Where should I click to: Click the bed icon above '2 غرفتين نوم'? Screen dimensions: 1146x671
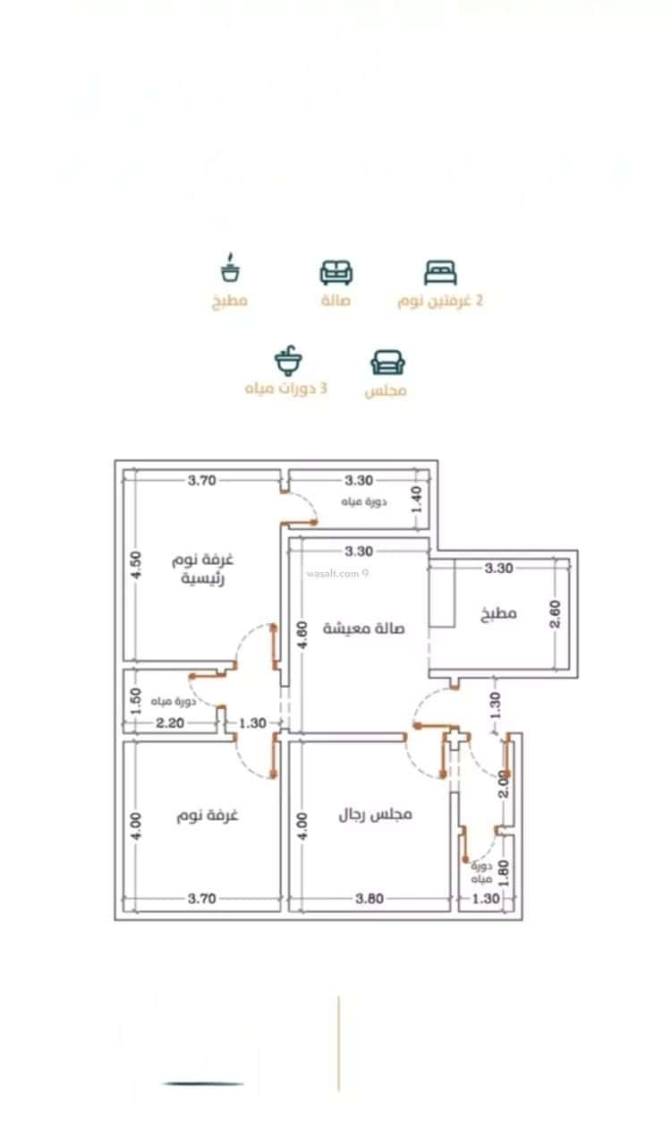tap(440, 271)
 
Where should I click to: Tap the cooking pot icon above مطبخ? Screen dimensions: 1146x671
tap(231, 268)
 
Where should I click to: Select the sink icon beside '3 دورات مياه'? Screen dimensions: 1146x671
tap(288, 362)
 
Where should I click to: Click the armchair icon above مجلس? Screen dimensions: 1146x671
tap(387, 362)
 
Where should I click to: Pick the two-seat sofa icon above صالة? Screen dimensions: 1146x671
tap(336, 271)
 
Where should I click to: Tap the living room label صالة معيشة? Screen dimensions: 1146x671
tap(363, 628)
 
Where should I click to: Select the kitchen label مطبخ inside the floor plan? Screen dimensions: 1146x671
tap(499, 615)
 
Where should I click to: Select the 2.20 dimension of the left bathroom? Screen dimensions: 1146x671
tap(170, 723)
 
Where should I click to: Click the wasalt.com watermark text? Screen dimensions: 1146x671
tap(335, 573)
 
